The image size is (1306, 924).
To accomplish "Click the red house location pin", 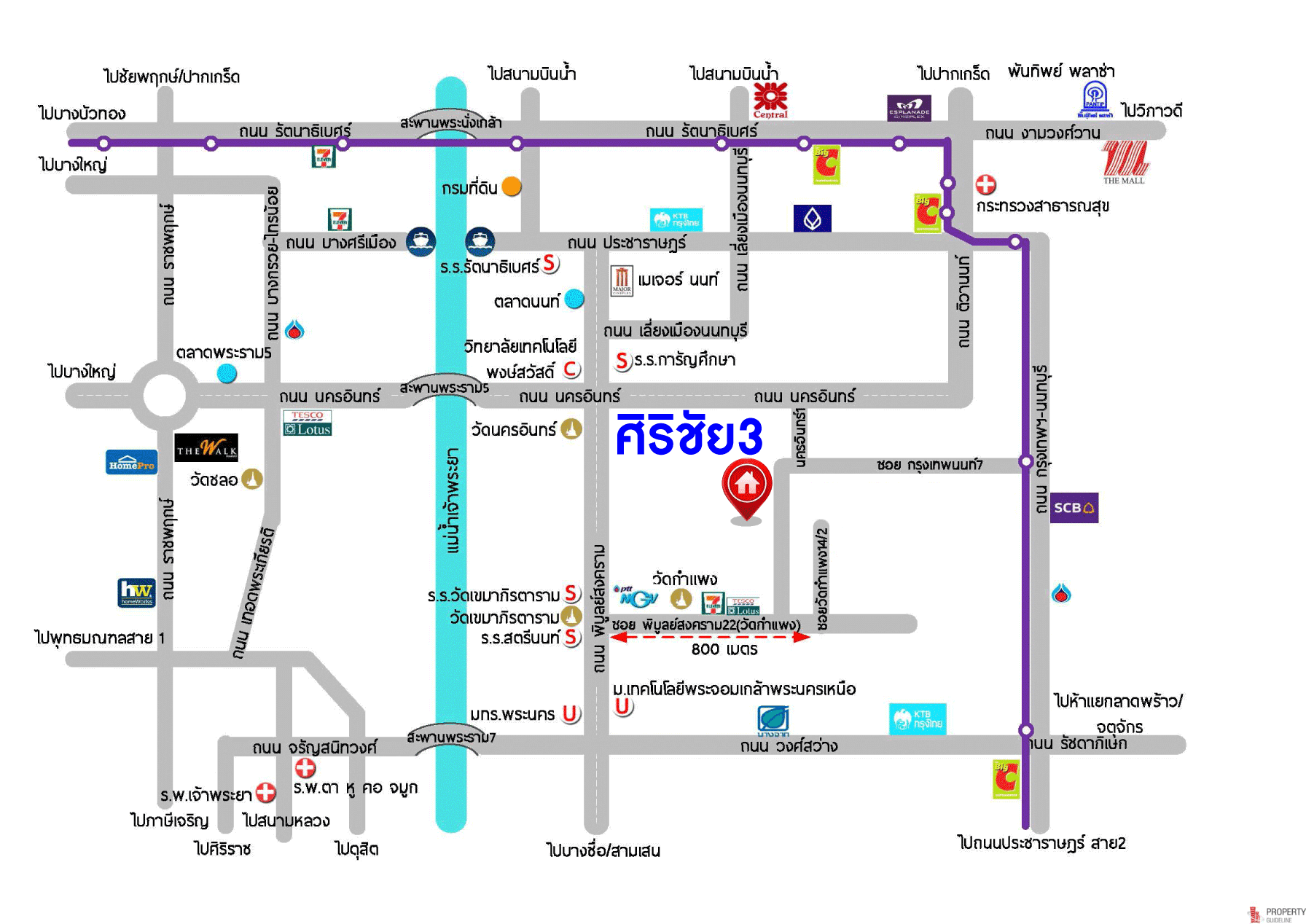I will pos(746,487).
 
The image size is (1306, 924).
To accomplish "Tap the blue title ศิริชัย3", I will pos(689,436).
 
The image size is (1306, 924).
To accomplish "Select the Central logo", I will pos(770,101).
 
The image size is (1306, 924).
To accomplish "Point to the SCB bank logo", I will pos(1074,508).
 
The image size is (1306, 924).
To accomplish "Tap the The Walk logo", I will pos(206,447).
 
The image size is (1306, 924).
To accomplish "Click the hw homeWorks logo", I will pos(136,592).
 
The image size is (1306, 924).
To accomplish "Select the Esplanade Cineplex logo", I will pos(909,108).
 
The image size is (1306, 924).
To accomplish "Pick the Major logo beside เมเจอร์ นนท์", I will pos(622,280).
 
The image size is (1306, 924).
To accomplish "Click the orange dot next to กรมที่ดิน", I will pos(512,187).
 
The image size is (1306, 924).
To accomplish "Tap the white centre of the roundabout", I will pos(165,396).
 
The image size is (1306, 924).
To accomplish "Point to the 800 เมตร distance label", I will pos(724,649).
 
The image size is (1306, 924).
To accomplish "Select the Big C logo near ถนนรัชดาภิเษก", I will pos(1006,778).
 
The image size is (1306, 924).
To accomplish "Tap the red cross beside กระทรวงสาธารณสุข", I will pos(986,184).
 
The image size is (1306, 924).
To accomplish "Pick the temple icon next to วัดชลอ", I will pos(252,479).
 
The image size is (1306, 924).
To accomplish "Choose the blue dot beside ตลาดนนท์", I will pos(574,299).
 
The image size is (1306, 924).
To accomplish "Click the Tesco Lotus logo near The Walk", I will pos(308,423).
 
